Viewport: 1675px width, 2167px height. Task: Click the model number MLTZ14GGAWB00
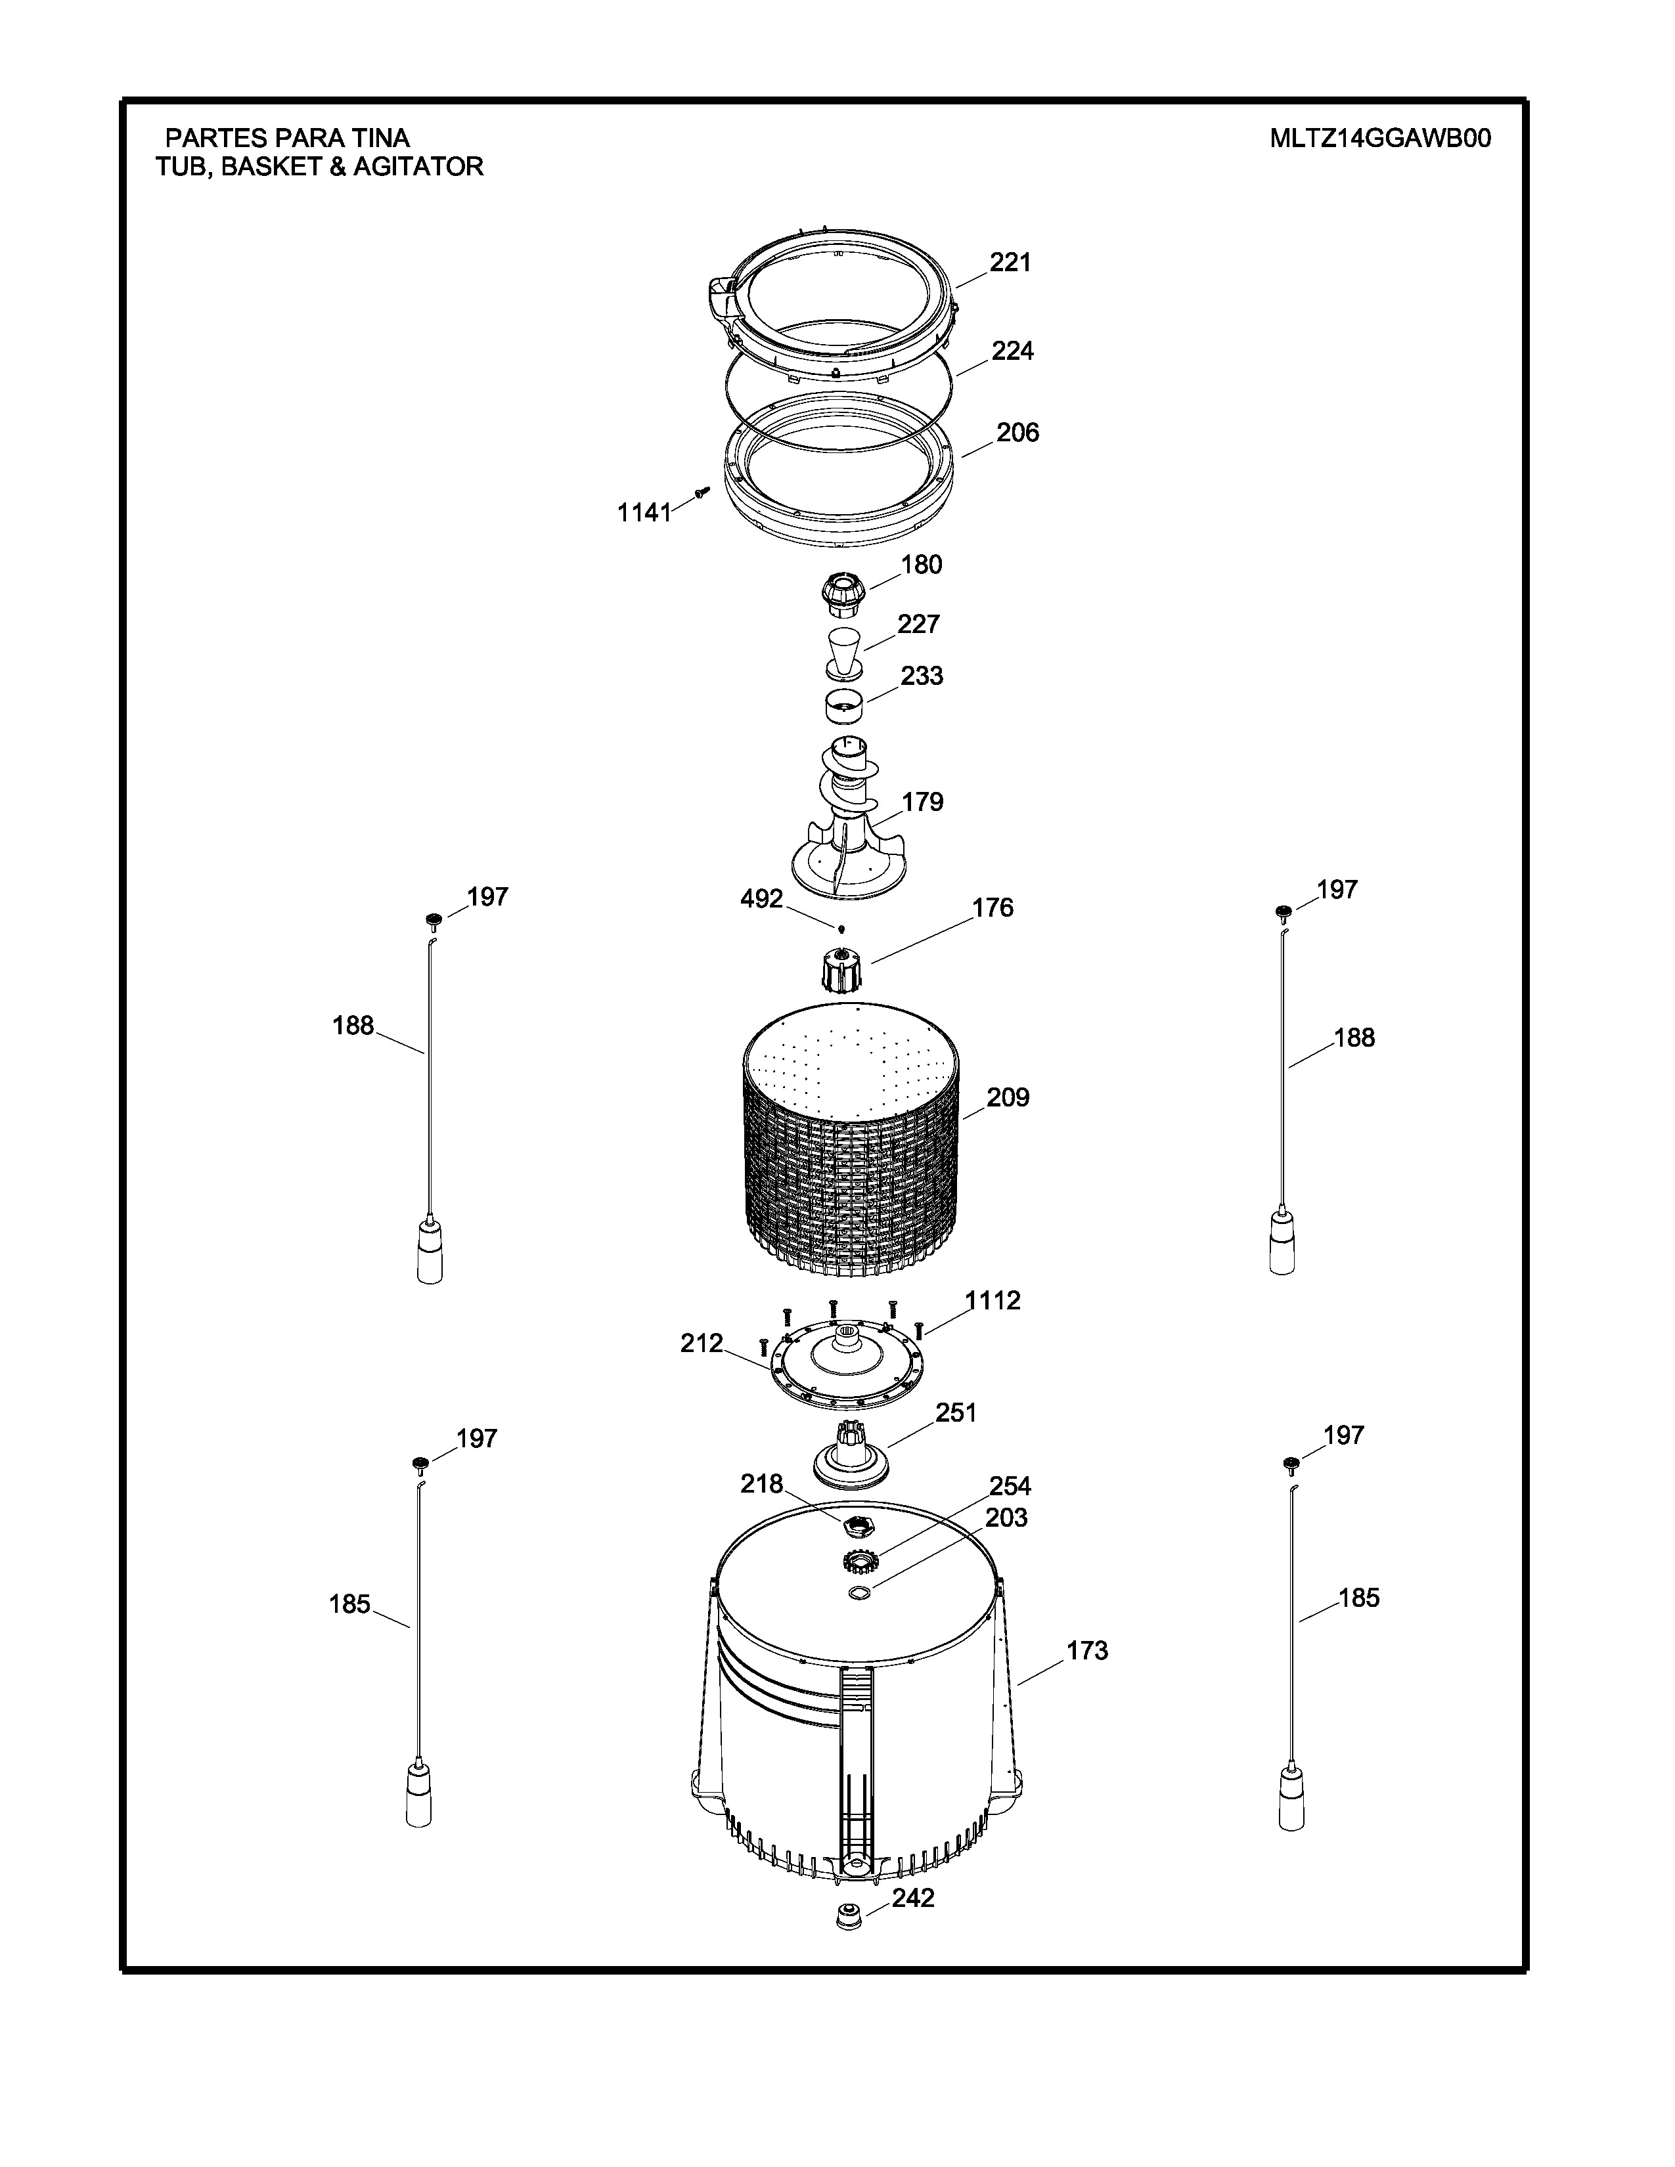[1380, 138]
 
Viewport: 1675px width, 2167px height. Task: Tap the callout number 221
[1010, 262]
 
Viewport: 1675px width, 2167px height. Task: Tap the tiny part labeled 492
[841, 930]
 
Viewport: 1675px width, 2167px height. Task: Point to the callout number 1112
[993, 1300]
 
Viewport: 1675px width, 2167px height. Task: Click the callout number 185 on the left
[349, 1604]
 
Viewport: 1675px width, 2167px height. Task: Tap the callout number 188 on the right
[1354, 1037]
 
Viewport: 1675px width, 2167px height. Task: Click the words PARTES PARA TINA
[287, 138]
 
